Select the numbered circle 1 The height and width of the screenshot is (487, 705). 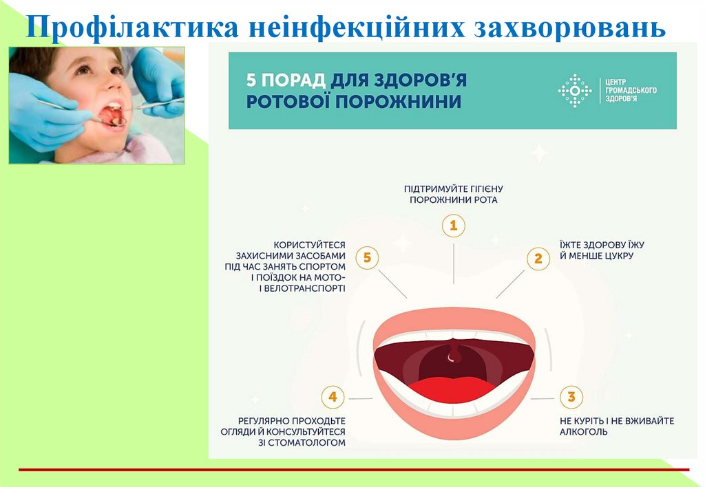point(453,226)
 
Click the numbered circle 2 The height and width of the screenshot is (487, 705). point(538,259)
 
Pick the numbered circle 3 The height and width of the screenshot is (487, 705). point(571,398)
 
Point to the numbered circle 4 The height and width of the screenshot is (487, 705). point(333,398)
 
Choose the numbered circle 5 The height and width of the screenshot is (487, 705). point(367,258)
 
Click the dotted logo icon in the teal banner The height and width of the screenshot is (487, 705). point(574,91)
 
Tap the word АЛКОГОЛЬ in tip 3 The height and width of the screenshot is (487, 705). point(584,432)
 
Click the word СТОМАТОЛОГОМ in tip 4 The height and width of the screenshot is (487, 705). point(311,443)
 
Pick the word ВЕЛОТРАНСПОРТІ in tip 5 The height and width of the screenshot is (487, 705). point(307,289)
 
